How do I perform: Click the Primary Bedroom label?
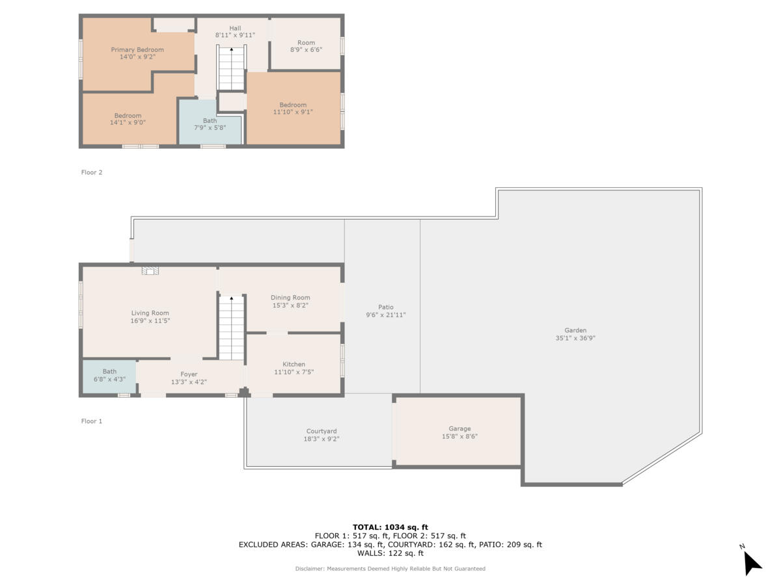coord(137,49)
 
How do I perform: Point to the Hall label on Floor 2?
coord(234,28)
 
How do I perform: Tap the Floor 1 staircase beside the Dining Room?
coord(231,328)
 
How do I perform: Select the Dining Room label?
coord(290,298)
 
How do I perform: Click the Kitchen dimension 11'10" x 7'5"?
coord(294,372)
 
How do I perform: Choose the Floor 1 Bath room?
coord(109,376)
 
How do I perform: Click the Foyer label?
coord(189,374)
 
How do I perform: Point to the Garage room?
coord(459,432)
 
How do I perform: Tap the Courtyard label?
coord(322,431)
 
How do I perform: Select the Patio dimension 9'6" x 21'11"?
coord(386,315)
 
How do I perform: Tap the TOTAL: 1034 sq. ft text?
coord(390,527)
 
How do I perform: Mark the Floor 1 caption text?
coord(92,421)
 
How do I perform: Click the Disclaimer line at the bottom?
coord(390,569)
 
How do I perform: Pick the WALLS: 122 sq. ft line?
coord(390,553)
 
